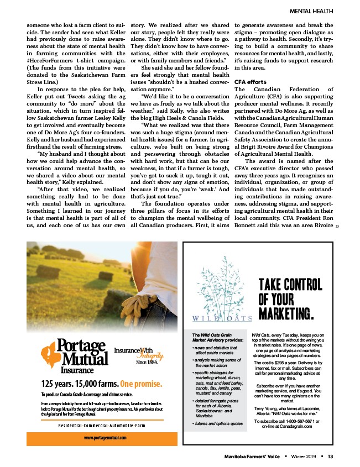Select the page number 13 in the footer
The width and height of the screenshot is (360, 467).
coord(330,456)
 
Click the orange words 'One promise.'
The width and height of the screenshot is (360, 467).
coord(141,384)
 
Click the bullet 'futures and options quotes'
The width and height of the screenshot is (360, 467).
coord(218,423)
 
